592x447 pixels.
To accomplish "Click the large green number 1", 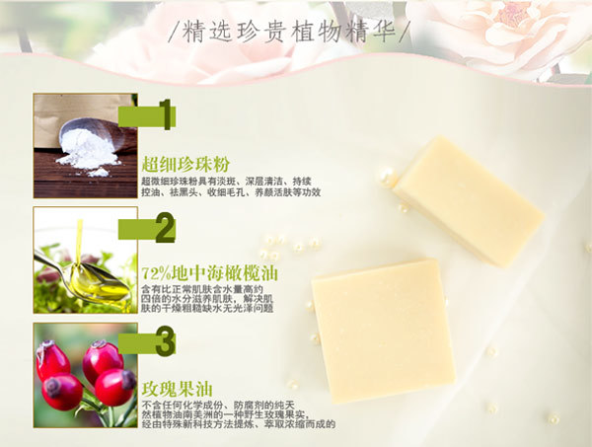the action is [x=166, y=114].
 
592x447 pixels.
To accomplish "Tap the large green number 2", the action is [x=166, y=228].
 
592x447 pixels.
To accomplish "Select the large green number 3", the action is [x=166, y=341].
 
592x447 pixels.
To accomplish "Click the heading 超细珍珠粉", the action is [x=185, y=165].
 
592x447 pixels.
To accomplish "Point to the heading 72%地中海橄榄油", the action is [x=210, y=273].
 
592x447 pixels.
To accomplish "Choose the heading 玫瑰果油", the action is [x=177, y=389].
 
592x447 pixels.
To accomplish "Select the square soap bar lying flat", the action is [x=383, y=331].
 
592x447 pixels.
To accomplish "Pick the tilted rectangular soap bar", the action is [x=469, y=201].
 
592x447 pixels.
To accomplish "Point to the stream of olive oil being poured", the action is [x=79, y=242].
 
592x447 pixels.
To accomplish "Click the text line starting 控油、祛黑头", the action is [x=231, y=192].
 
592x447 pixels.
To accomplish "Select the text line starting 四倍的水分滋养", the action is [x=207, y=299].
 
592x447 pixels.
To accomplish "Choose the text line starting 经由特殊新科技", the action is [x=239, y=424].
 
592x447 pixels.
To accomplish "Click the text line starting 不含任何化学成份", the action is [x=218, y=406].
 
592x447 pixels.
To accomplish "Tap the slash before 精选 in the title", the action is [x=174, y=33].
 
